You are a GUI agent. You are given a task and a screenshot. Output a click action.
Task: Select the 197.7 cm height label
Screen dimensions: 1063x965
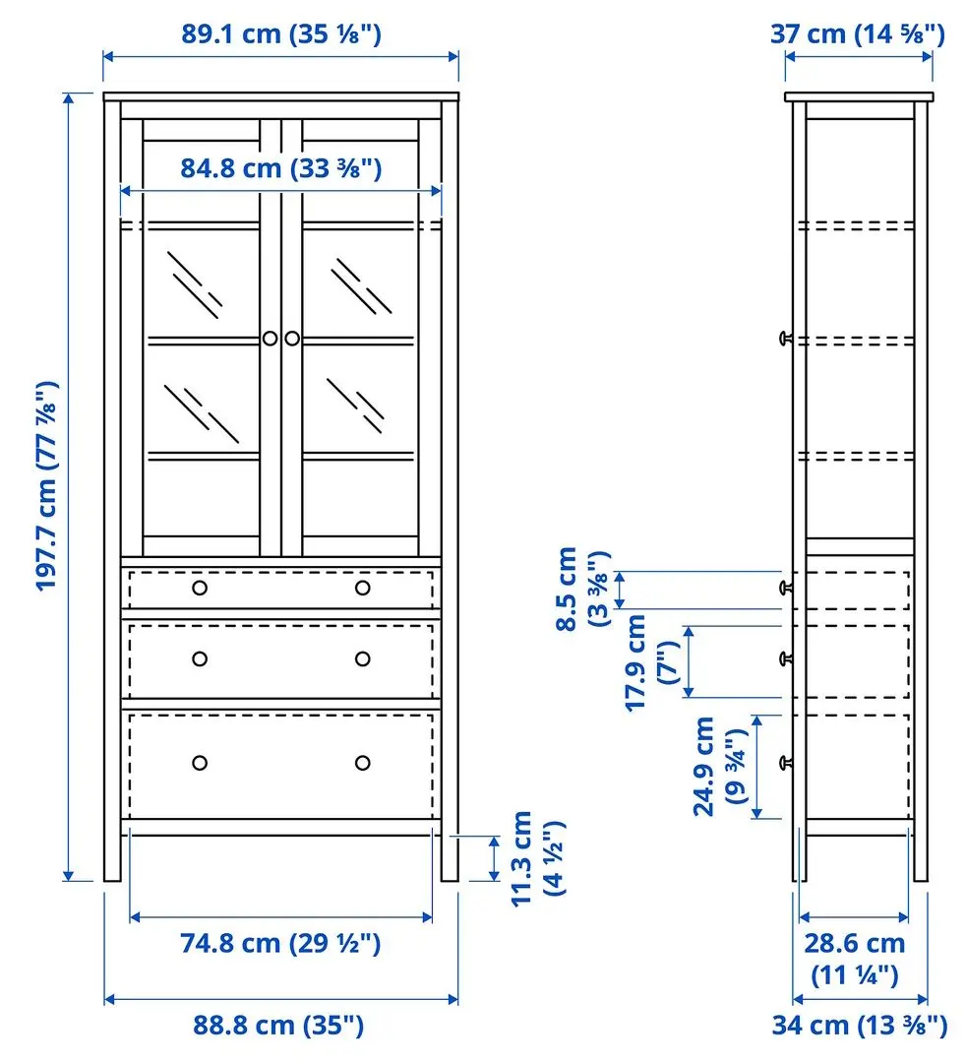[48, 486]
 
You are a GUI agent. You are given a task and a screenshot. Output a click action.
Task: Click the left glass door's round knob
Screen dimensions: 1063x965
[270, 339]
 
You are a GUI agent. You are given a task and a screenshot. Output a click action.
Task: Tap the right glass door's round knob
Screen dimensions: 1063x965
[292, 339]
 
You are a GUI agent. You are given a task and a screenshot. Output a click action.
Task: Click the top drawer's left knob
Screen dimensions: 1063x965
[200, 588]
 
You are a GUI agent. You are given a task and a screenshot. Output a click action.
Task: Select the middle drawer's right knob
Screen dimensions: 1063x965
[363, 658]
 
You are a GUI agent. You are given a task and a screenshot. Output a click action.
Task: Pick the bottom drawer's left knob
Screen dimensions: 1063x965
[200, 763]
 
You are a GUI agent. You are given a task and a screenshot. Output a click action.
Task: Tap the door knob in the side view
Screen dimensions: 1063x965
[786, 339]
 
